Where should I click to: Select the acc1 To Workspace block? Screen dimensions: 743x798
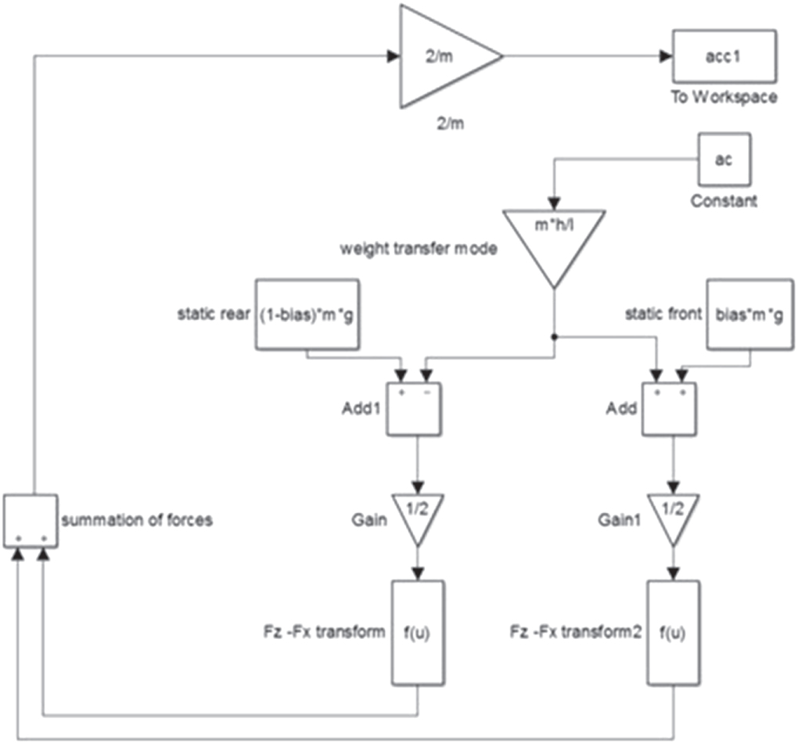point(724,56)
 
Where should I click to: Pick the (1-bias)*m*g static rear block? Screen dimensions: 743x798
point(307,314)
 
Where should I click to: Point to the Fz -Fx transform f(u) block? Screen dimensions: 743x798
point(418,631)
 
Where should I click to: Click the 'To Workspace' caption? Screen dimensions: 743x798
point(724,98)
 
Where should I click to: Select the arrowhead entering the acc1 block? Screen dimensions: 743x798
point(665,56)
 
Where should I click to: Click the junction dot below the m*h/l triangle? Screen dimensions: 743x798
point(554,337)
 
